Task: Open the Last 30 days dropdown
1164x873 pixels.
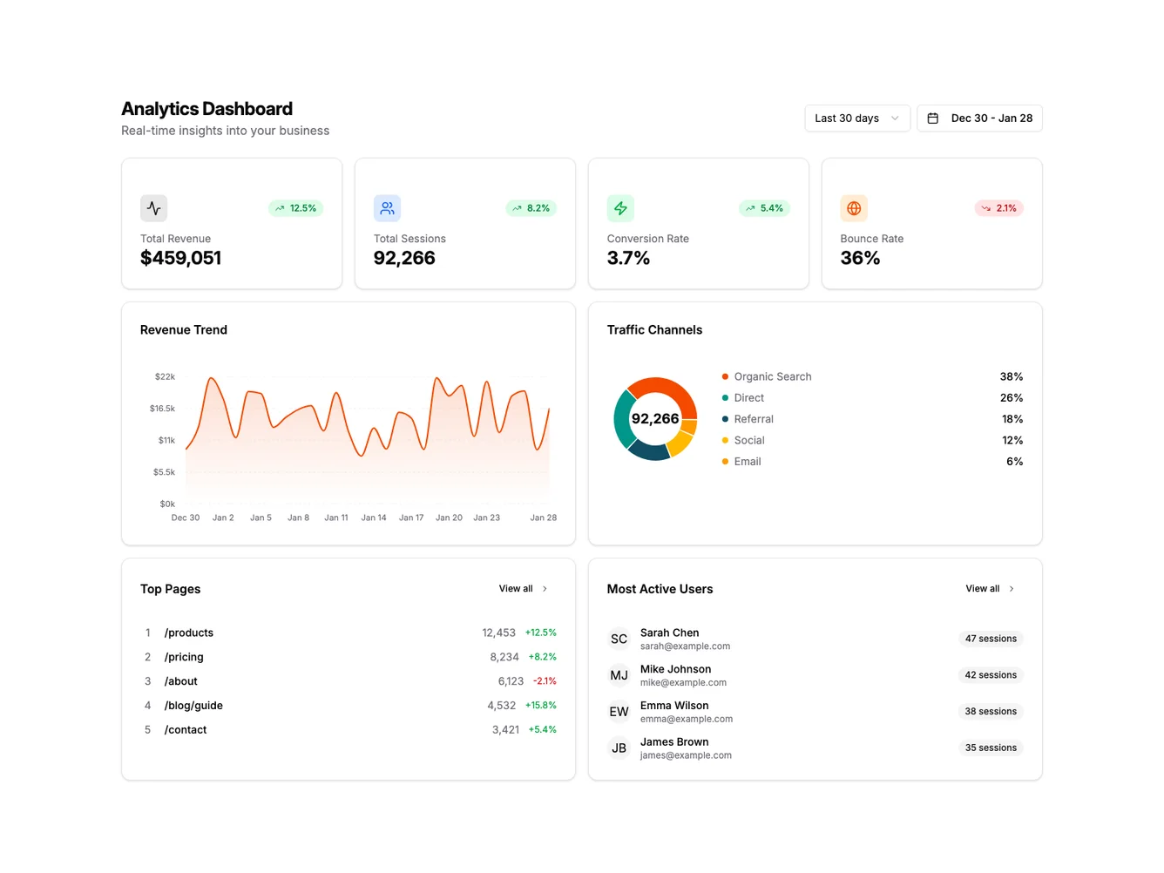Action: coord(856,118)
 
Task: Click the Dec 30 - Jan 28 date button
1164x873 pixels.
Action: coord(979,118)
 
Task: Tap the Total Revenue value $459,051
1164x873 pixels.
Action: coord(180,258)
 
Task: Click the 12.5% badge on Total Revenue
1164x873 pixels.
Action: coord(296,208)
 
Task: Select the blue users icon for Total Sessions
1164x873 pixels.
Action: coord(387,208)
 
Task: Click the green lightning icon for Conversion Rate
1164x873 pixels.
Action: coord(620,208)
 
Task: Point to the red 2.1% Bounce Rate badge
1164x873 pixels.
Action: coord(998,208)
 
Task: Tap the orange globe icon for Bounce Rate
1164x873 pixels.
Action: coord(854,208)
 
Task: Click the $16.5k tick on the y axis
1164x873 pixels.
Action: coord(162,409)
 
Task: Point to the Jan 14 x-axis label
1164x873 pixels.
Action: coord(374,518)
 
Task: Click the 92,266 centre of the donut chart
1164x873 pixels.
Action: coord(655,419)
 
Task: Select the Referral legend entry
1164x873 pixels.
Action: coord(753,419)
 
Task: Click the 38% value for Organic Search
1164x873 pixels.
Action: coord(1011,376)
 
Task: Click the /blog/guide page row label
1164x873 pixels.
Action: coord(193,706)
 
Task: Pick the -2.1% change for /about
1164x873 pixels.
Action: coord(545,681)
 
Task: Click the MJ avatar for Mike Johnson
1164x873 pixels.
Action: coord(619,675)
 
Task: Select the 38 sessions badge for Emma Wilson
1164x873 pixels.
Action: coord(991,712)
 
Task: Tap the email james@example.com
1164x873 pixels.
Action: coord(686,755)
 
